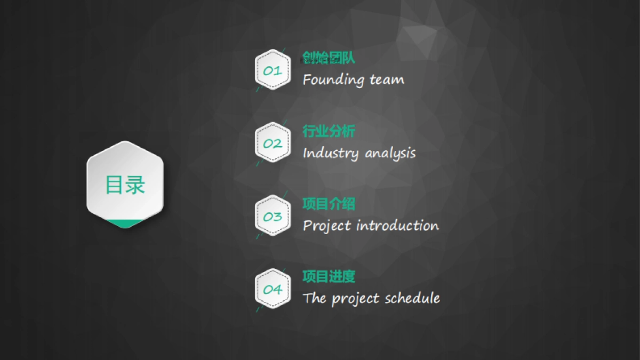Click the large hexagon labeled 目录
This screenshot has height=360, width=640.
click(x=125, y=185)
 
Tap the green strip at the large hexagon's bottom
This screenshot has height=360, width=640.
click(x=125, y=223)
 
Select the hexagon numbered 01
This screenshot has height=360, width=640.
click(x=273, y=69)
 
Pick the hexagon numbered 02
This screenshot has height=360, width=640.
click(x=273, y=142)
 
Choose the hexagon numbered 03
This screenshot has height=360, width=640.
click(x=273, y=215)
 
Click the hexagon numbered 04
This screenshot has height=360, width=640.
click(x=273, y=289)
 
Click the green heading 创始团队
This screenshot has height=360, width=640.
click(x=329, y=58)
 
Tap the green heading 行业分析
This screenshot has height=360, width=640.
click(x=329, y=131)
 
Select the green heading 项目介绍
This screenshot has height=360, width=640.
click(x=329, y=204)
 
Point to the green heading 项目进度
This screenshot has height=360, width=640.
click(x=329, y=277)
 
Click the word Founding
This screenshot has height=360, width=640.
click(x=334, y=79)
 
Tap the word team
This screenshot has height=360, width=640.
click(x=387, y=79)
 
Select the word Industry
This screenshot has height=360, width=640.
click(x=331, y=153)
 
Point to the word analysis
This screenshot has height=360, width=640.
click(x=390, y=154)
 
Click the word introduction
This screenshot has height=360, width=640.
click(x=398, y=226)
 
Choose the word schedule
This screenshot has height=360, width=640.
click(x=412, y=298)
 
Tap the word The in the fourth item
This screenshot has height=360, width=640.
click(x=314, y=298)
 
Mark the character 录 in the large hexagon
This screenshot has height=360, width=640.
click(x=135, y=185)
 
